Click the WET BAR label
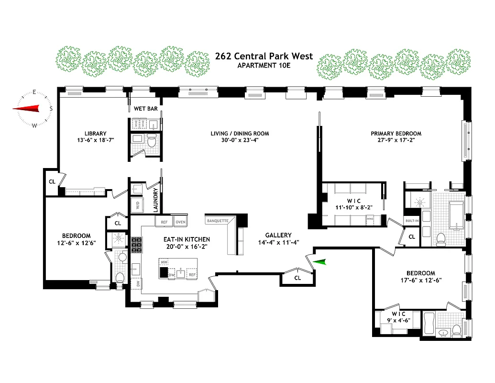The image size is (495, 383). point(145,109)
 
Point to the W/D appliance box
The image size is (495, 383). point(137,205)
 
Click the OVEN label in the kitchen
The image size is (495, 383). point(180,222)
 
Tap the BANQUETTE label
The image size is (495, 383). point(218,221)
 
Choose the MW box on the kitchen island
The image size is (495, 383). point(164,263)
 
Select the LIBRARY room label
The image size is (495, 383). point(96,134)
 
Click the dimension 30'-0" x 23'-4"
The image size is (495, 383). point(240,141)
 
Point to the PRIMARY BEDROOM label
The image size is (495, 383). point(396,134)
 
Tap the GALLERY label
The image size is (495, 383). point(279,235)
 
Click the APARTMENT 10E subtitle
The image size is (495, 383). point(264,65)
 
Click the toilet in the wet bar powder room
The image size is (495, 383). point(152,142)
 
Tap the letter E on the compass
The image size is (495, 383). point(34,92)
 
